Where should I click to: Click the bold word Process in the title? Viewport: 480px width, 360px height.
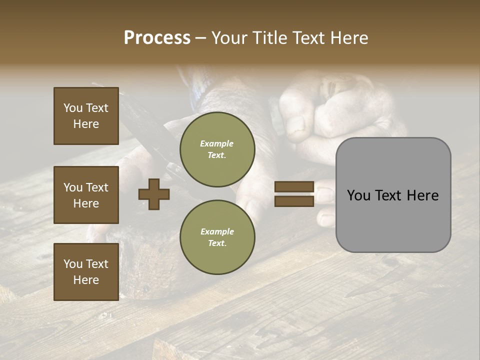[157, 38]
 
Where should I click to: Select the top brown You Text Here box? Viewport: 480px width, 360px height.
[86, 116]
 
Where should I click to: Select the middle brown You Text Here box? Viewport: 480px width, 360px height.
[86, 195]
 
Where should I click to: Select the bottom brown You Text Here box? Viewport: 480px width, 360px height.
[86, 272]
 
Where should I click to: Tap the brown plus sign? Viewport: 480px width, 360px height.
[154, 194]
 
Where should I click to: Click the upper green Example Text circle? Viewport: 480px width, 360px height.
[217, 149]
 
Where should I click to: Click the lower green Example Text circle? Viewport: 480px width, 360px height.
[217, 237]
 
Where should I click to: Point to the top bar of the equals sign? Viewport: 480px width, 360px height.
[294, 187]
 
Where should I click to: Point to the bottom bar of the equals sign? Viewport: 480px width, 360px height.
[294, 201]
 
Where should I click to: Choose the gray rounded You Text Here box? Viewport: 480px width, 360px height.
[393, 195]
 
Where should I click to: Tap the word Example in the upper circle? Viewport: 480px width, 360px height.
[217, 143]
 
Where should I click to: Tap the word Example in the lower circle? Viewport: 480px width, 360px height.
[217, 231]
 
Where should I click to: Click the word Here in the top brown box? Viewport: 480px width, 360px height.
[86, 124]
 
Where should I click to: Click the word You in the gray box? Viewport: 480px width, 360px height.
[358, 195]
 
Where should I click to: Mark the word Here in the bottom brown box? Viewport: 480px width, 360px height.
[86, 280]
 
